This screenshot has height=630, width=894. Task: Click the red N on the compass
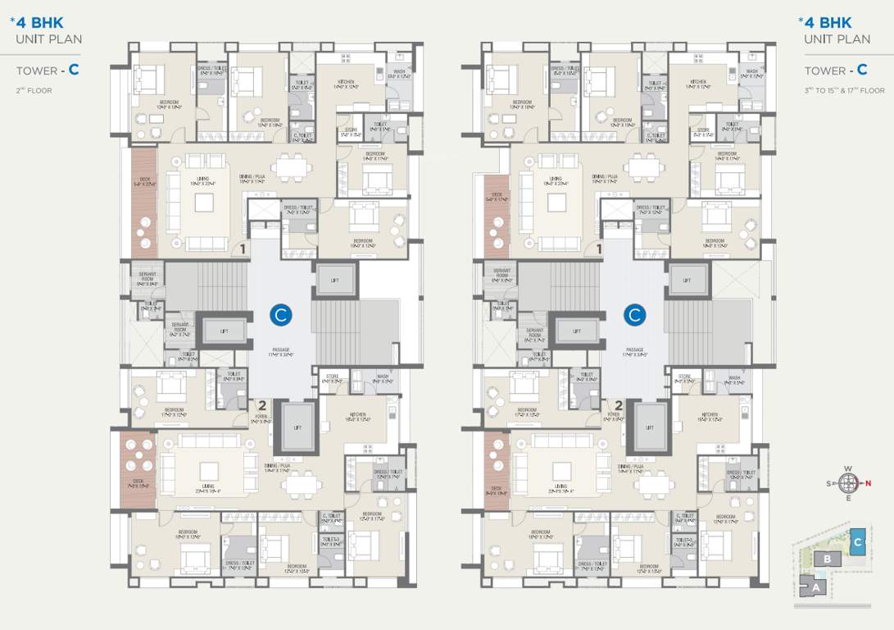(868, 483)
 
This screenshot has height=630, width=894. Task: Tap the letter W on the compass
(848, 469)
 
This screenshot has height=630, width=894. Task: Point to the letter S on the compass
(829, 483)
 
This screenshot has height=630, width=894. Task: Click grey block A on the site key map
(815, 587)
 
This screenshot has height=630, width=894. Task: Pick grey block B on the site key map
(828, 559)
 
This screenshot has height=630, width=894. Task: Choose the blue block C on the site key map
(858, 542)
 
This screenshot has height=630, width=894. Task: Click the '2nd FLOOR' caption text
(34, 90)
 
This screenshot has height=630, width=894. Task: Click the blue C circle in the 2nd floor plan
(280, 313)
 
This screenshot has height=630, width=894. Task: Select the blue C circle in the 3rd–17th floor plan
(634, 313)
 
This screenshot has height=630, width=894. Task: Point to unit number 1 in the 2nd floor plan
(243, 248)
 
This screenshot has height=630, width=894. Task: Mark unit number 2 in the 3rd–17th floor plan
(619, 404)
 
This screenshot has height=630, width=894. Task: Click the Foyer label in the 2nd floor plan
(259, 415)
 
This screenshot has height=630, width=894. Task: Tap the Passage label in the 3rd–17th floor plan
(634, 351)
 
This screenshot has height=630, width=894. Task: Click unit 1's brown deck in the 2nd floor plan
(143, 203)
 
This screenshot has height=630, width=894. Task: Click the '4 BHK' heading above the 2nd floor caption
(39, 23)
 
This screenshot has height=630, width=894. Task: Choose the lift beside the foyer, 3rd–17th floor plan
(650, 427)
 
